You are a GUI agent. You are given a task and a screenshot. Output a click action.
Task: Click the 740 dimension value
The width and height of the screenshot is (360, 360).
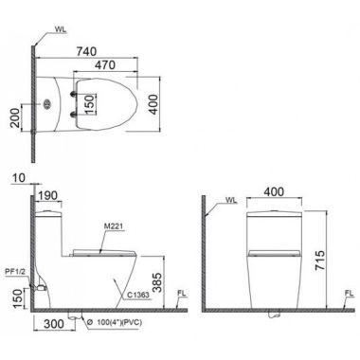click(86, 51)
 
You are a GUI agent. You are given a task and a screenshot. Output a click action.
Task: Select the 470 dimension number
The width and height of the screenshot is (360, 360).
click(105, 65)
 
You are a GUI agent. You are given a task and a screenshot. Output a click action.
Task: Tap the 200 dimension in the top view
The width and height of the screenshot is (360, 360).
click(14, 117)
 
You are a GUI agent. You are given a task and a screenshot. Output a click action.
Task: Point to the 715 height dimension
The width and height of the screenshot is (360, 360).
click(320, 261)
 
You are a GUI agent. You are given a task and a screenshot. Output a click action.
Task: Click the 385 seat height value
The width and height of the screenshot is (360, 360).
click(156, 282)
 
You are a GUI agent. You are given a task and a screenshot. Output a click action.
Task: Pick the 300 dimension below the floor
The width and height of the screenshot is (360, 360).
click(54, 324)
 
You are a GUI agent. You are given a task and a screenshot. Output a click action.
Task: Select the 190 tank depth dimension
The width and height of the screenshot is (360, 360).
click(47, 195)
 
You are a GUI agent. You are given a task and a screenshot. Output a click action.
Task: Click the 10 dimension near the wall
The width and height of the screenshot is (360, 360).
click(19, 178)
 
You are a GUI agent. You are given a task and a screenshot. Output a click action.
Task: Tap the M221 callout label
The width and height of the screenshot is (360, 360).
click(113, 226)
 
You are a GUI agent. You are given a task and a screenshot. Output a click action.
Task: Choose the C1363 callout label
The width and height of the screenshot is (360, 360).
click(138, 295)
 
